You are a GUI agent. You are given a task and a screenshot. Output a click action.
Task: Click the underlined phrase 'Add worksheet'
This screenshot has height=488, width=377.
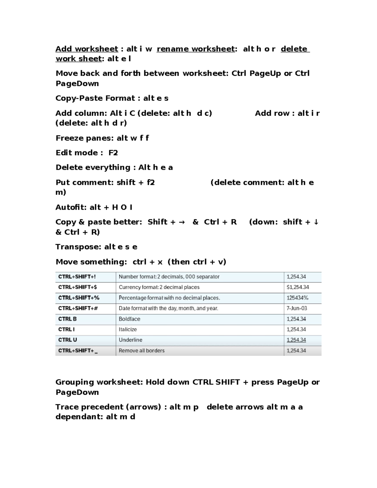87,49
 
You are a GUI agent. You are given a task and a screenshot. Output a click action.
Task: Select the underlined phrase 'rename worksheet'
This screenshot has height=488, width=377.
196,49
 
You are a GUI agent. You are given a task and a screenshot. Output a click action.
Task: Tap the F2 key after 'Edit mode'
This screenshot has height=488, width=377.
113,153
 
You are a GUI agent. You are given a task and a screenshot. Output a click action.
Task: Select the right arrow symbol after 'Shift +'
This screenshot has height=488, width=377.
182,222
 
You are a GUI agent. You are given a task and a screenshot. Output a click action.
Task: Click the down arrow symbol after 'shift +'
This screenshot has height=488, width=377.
316,222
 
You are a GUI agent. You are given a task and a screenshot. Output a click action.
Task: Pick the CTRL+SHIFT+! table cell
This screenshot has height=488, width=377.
77,277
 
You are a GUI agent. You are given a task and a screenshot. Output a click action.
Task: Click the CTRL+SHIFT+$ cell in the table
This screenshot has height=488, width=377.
78,287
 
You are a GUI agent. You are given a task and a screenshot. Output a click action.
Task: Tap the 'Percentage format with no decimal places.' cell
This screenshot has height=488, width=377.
169,298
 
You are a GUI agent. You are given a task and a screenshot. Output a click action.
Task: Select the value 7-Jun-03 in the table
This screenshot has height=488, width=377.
297,308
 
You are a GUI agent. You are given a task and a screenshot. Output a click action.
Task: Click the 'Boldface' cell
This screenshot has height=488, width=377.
129,319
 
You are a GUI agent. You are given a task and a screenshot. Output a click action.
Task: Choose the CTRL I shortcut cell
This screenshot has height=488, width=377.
66,329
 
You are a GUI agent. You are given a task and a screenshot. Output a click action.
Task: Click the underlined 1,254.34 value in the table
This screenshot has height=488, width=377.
296,340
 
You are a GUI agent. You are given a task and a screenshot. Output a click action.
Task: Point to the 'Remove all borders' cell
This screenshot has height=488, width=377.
141,351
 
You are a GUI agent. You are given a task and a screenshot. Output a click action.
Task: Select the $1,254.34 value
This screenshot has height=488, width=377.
298,287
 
